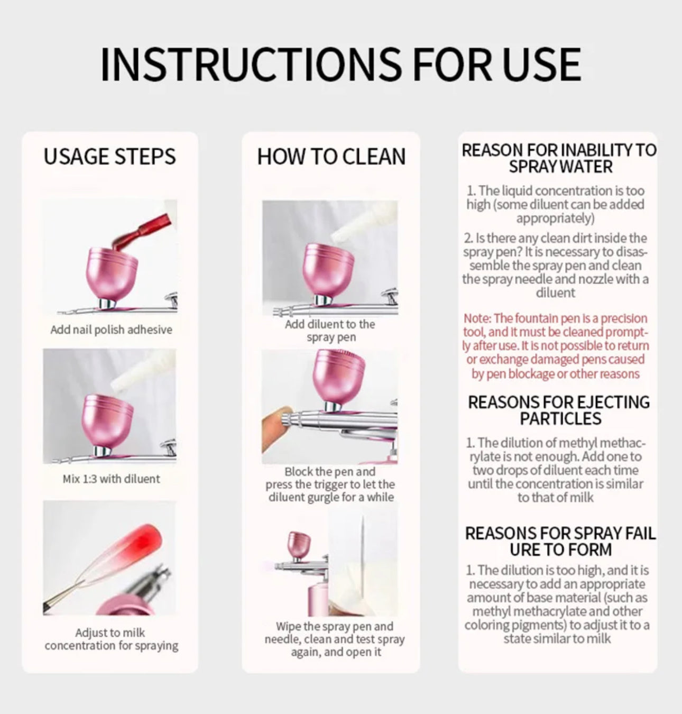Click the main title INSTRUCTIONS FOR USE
[340, 64]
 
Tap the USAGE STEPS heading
[109, 157]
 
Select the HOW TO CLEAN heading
[331, 157]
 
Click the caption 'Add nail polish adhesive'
[111, 329]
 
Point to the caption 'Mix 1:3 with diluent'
[111, 479]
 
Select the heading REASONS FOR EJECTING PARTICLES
[559, 410]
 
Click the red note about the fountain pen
[556, 345]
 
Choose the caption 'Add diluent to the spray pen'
[330, 331]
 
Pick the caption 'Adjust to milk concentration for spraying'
[112, 639]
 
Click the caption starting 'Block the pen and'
[330, 484]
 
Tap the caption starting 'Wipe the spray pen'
[335, 639]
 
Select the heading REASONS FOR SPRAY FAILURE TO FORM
[560, 541]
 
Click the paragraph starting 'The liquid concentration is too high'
[555, 204]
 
